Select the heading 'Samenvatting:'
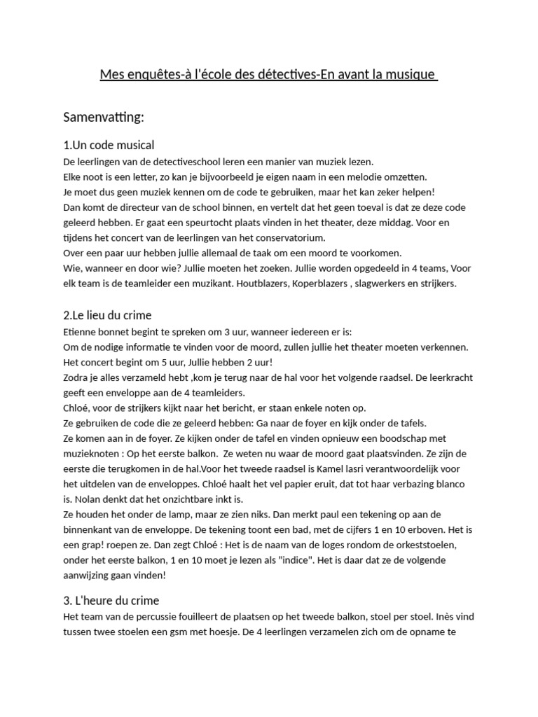(x=104, y=116)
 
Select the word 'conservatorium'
(x=261, y=238)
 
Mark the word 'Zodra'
(x=77, y=378)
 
